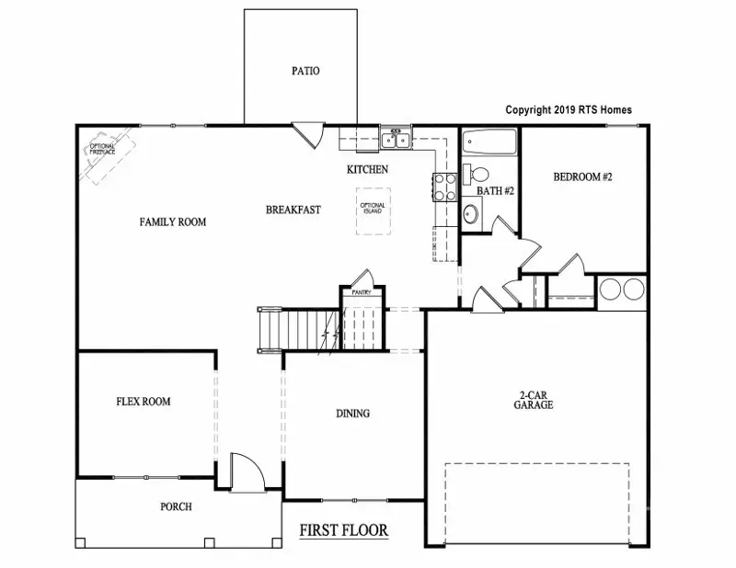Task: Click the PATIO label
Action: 305,71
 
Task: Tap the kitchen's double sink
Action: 397,141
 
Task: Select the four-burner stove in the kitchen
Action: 444,187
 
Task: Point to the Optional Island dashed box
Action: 373,210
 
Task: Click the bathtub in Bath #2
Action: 489,144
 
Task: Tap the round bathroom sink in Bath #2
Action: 471,214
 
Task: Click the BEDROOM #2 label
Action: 582,176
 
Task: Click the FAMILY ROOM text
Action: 172,222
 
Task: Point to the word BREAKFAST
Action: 293,210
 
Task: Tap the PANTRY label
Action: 360,292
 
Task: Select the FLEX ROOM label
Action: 143,402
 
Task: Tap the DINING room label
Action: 352,414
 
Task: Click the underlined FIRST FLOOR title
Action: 344,531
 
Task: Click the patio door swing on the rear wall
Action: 306,134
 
